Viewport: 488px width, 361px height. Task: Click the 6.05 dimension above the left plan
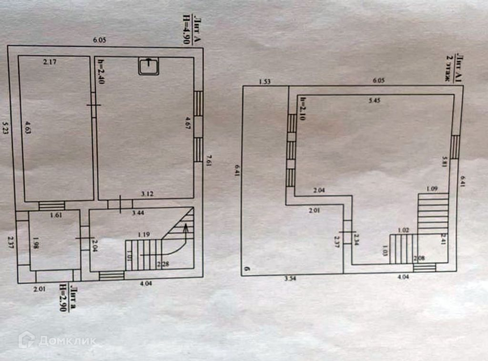click(x=99, y=40)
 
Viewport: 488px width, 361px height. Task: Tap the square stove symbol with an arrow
click(x=149, y=66)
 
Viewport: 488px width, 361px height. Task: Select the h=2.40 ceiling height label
click(x=100, y=70)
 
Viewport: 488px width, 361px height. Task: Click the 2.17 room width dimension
click(x=49, y=61)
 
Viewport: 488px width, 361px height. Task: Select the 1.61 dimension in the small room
click(x=57, y=215)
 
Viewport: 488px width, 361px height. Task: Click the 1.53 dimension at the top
click(x=264, y=81)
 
